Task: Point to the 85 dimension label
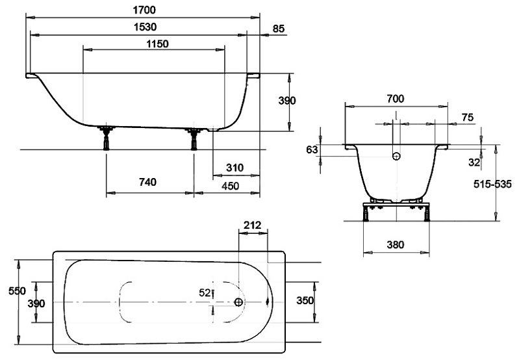pyautogui.click(x=279, y=29)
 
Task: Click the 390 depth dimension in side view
pyautogui.click(x=286, y=101)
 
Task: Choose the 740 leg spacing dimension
pyautogui.click(x=147, y=183)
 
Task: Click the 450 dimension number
pyautogui.click(x=230, y=186)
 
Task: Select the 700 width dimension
pyautogui.click(x=395, y=99)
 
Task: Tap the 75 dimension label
pyautogui.click(x=467, y=116)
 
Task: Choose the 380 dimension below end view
pyautogui.click(x=395, y=245)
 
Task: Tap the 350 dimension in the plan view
pyautogui.click(x=305, y=300)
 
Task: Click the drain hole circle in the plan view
pyautogui.click(x=239, y=302)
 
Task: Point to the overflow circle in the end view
pyautogui.click(x=396, y=156)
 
